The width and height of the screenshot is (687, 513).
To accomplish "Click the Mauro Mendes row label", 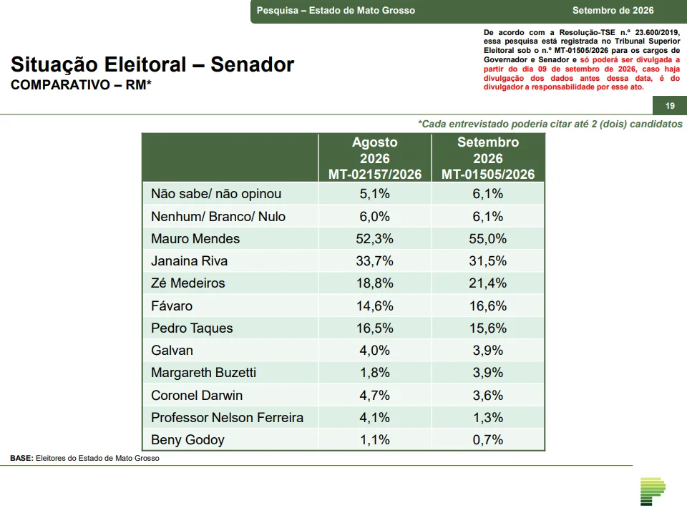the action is click(195, 239).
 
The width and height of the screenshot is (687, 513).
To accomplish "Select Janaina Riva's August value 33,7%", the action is click(374, 261).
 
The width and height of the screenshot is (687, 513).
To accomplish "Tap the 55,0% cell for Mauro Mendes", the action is click(487, 239).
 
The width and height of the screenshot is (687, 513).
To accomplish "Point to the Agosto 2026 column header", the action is click(375, 158).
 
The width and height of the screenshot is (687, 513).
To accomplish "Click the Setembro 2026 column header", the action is click(488, 158).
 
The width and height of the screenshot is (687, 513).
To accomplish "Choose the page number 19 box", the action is click(670, 106).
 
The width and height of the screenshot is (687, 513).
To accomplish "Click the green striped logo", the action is click(653, 491).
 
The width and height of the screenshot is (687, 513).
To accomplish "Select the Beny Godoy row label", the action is click(187, 439).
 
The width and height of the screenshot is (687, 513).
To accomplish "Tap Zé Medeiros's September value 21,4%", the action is click(487, 283).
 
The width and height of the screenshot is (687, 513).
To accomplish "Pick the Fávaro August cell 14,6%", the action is click(374, 306).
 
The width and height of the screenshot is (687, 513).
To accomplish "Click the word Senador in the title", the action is click(253, 64).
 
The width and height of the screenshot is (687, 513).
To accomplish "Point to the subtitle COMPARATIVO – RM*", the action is click(81, 84).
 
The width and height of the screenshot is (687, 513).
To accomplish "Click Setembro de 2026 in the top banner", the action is click(613, 11).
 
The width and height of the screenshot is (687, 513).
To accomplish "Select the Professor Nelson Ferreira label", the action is click(227, 418).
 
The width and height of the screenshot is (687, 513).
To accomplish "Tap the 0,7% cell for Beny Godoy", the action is click(487, 440).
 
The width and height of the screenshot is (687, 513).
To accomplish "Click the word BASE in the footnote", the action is click(21, 458).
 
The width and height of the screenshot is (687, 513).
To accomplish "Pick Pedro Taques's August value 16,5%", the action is click(374, 328).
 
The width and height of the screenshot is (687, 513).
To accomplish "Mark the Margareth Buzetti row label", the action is click(203, 373).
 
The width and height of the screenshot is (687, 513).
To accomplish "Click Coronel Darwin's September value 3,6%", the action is click(487, 395).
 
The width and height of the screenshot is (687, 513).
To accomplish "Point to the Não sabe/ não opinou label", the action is click(216, 194).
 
